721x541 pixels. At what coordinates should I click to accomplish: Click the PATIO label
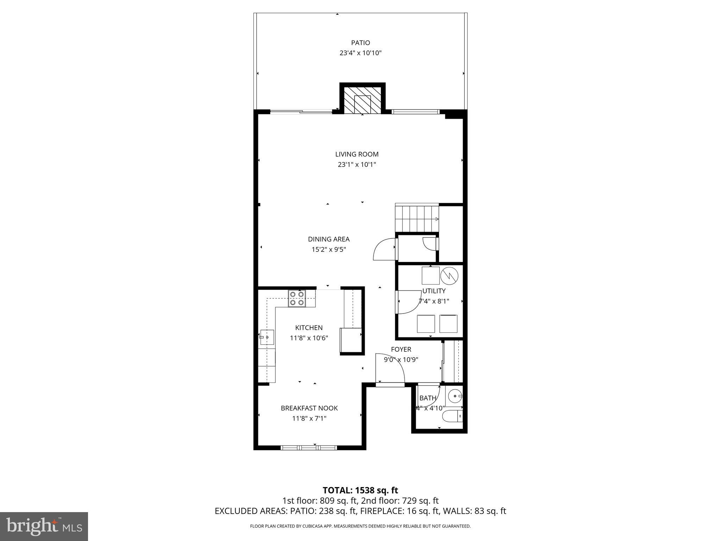[x=360, y=43]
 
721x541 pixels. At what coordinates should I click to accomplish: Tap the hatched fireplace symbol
[x=362, y=99]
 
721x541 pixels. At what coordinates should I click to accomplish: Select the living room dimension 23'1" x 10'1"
[x=357, y=164]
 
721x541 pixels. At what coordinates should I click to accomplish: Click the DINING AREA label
[x=328, y=239]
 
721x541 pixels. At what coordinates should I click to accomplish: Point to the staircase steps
[x=417, y=219]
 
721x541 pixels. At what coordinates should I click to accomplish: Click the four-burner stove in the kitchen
[x=297, y=298]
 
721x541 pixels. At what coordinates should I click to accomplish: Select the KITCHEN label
[x=309, y=328]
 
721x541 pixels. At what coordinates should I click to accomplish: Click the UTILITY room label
[x=434, y=291]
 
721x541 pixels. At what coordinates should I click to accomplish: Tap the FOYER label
[x=401, y=349]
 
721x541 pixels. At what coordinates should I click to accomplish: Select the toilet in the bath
[x=453, y=416]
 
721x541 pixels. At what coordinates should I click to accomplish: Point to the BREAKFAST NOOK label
[x=309, y=408]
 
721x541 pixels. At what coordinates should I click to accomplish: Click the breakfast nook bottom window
[x=309, y=448]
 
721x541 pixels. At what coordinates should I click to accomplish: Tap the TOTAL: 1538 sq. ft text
[x=360, y=490]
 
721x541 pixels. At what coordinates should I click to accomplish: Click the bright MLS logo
[x=44, y=526]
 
